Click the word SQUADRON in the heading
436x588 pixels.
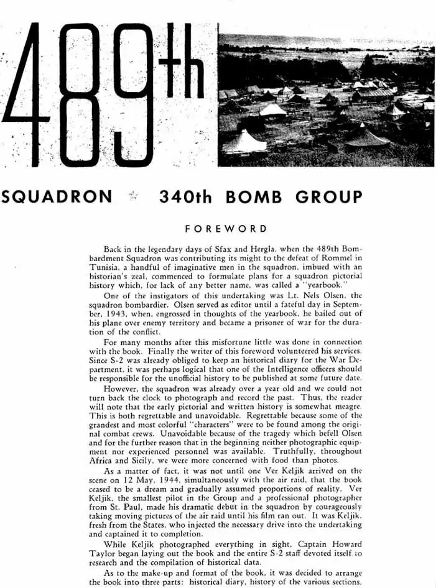(x=57, y=198)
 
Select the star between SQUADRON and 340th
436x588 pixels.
(x=134, y=198)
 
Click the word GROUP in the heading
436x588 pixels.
(x=329, y=198)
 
